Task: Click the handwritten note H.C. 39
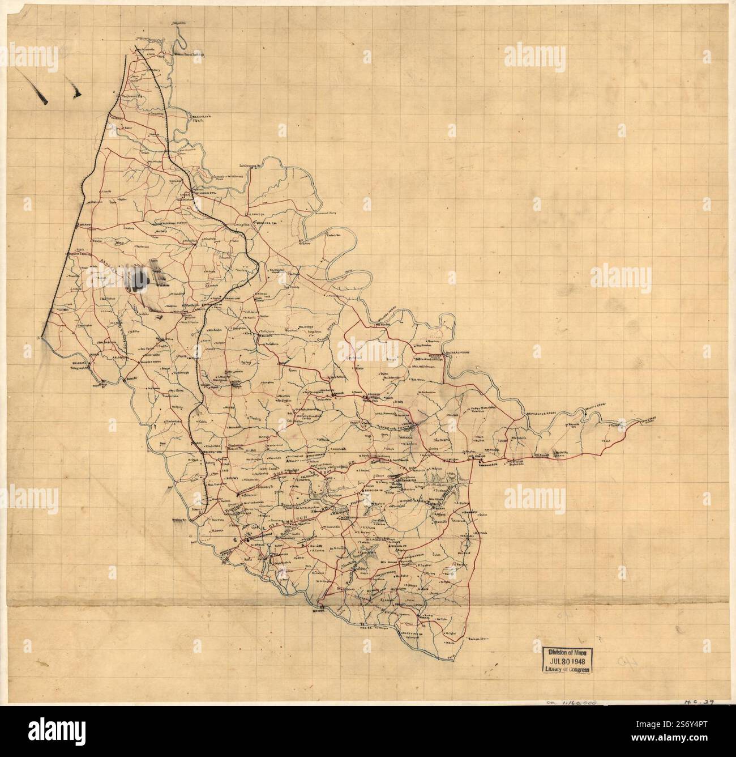699,701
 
